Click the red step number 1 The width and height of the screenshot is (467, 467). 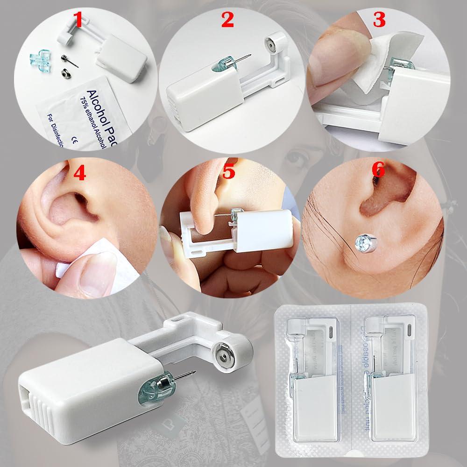click(x=79, y=21)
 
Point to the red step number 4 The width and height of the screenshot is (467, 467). click(x=79, y=174)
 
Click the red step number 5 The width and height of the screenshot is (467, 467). click(x=228, y=172)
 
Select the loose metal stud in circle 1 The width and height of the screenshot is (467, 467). click(x=64, y=60)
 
